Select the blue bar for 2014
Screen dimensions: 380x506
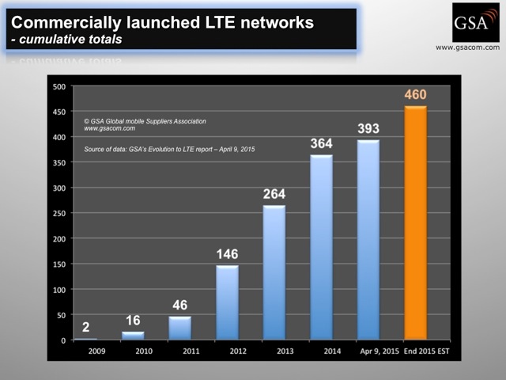point(321,247)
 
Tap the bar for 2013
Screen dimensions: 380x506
point(274,272)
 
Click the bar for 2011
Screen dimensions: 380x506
point(179,328)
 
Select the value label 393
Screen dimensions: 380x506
point(368,129)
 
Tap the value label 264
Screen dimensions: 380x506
point(274,194)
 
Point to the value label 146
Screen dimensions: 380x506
point(227,254)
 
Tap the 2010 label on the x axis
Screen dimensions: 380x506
point(133,351)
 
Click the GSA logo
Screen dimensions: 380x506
point(475,22)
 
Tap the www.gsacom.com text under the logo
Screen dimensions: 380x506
point(468,47)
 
